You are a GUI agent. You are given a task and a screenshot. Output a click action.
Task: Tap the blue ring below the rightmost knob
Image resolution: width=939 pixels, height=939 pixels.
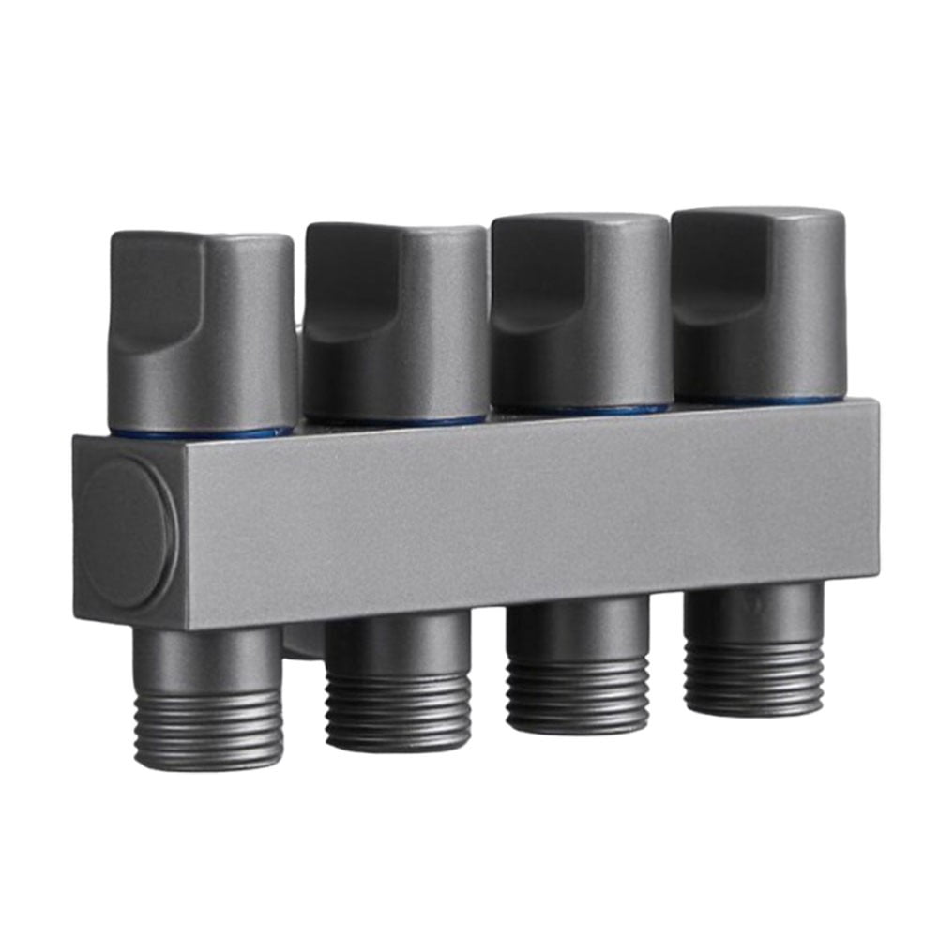pos(760,401)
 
